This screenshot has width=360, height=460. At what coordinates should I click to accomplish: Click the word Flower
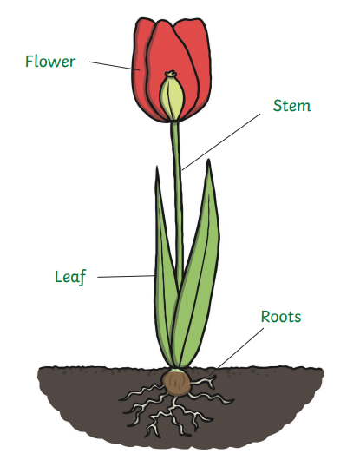tap(50, 62)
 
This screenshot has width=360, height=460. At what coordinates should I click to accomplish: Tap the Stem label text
tap(291, 106)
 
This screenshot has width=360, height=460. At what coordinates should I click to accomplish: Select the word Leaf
tap(70, 277)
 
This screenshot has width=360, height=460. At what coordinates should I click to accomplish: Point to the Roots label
tap(281, 317)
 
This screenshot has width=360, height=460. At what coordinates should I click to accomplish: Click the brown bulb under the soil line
tap(176, 383)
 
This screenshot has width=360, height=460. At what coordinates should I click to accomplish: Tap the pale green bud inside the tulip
tap(172, 98)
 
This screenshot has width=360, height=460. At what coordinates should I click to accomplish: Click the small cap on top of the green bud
tap(171, 74)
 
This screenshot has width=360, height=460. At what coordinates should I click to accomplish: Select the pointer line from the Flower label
tap(115, 66)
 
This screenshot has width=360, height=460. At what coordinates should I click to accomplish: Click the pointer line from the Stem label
tap(221, 141)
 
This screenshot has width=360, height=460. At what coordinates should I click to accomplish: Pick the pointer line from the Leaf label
tap(126, 276)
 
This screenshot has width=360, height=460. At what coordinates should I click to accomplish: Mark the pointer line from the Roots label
tap(240, 348)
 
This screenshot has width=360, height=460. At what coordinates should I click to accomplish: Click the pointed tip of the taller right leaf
tap(208, 160)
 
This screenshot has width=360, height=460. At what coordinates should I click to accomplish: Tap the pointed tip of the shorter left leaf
tap(157, 168)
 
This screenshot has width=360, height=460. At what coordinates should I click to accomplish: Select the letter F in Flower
tap(29, 62)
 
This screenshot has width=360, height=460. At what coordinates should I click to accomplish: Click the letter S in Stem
tap(278, 106)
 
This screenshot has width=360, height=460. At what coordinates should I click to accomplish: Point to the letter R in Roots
tap(265, 317)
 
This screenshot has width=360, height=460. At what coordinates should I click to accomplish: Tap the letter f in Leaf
tap(82, 278)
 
